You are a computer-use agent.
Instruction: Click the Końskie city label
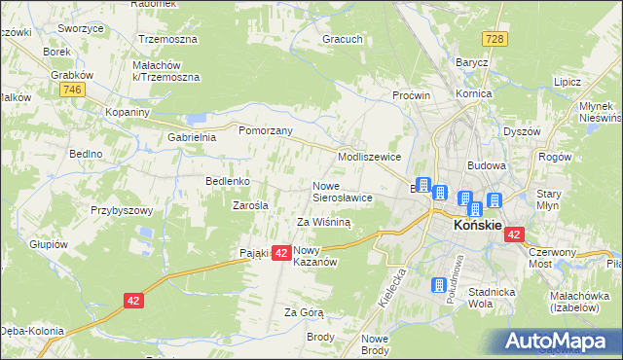click(478, 226)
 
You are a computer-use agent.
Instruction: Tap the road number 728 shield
click(497, 37)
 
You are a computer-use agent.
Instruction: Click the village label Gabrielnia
click(191, 137)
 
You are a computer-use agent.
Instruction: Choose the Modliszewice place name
click(369, 157)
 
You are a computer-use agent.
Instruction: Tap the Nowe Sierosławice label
click(342, 191)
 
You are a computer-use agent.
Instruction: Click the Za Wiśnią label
click(323, 222)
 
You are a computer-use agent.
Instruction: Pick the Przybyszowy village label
click(122, 210)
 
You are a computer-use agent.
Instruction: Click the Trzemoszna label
click(168, 40)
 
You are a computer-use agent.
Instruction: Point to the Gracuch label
click(343, 40)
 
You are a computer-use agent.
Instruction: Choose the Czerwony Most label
click(553, 258)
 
